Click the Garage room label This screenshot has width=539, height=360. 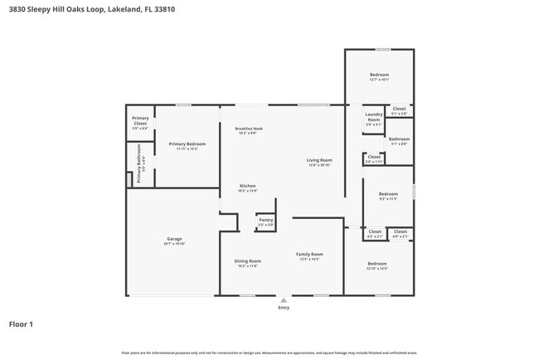click(174, 239)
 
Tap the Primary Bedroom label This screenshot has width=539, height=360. click(187, 144)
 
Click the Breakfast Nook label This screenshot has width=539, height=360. click(249, 128)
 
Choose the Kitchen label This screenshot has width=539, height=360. click(248, 186)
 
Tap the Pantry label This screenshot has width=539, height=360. click(265, 220)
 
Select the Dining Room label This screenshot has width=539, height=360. click(248, 260)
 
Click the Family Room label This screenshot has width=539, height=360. click(311, 254)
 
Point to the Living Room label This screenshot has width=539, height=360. click(319, 160)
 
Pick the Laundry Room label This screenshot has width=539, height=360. click(374, 117)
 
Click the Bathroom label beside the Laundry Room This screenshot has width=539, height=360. click(399, 139)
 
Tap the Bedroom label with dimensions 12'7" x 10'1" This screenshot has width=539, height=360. click(379, 75)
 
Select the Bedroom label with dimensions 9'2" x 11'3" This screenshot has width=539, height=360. click(388, 194)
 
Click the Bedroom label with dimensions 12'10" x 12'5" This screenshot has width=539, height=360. click(377, 264)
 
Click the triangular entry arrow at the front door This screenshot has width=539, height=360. click(284, 299)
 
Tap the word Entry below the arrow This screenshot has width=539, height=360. click(284, 308)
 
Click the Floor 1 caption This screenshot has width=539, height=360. click(21, 324)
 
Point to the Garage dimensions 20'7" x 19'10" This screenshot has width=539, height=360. click(174, 244)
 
